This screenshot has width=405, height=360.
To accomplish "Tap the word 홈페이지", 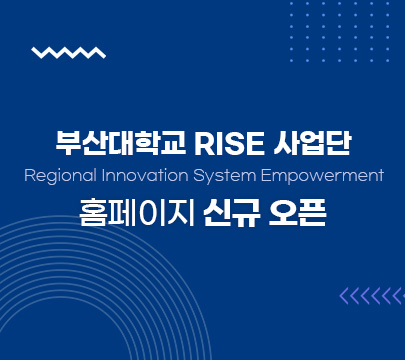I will (x=136, y=213).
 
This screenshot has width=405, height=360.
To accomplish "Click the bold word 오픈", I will (x=298, y=213).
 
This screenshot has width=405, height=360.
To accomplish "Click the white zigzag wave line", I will (x=68, y=53).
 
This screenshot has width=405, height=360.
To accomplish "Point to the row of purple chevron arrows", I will (x=371, y=295).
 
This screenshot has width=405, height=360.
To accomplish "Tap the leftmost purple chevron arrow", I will (x=345, y=295).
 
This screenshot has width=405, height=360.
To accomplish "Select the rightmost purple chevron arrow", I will (x=397, y=295).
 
